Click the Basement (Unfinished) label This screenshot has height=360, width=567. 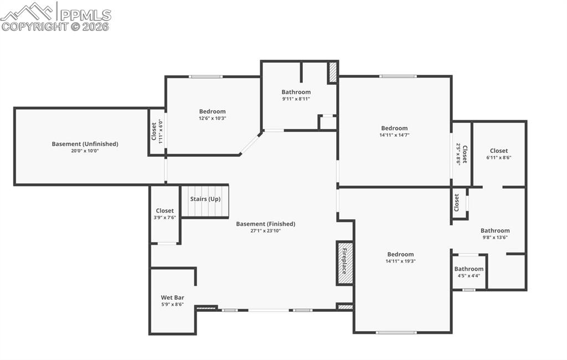[85, 144]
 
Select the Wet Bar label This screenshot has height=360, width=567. [172, 297]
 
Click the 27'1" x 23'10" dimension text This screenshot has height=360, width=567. [265, 231]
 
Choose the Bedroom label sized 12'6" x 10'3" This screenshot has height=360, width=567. [213, 111]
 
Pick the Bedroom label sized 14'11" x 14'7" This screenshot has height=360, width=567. [394, 128]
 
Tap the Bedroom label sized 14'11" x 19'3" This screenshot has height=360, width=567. [400, 255]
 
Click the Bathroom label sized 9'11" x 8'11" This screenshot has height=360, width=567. [296, 92]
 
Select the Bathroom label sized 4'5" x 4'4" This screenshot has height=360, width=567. [469, 269]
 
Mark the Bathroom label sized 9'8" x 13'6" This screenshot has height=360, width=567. [495, 231]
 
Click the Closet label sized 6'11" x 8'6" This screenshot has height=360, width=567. [498, 151]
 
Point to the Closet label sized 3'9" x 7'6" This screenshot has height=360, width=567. [164, 211]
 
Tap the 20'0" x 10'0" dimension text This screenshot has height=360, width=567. [85, 151]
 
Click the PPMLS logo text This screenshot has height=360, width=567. [85, 14]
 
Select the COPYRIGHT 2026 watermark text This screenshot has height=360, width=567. [55, 26]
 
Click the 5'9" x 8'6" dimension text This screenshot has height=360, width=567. [172, 304]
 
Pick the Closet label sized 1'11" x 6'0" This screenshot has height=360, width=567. [154, 131]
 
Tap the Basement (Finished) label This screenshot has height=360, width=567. [265, 224]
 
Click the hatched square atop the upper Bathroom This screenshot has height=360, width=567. [332, 72]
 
